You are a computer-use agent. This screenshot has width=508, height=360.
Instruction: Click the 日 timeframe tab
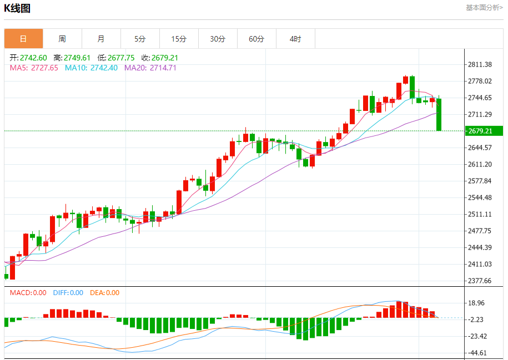(x=23, y=39)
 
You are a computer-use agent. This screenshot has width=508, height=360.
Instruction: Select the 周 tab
(x=62, y=39)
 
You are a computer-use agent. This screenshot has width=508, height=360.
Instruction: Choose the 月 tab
(x=101, y=39)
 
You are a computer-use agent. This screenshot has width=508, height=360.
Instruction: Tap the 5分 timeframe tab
(x=140, y=39)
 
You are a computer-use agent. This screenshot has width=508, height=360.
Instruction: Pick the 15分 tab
(x=179, y=39)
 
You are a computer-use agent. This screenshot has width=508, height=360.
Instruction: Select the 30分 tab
(x=218, y=39)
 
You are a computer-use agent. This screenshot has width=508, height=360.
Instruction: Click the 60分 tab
(x=256, y=39)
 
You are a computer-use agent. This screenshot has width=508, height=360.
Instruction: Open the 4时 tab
(x=295, y=39)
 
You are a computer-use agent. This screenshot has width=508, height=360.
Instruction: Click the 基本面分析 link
(x=484, y=8)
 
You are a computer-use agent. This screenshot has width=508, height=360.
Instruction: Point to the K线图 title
(x=17, y=8)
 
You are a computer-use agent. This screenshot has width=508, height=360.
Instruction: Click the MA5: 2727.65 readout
(x=34, y=68)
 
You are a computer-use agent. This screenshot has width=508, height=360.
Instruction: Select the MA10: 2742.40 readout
(x=91, y=68)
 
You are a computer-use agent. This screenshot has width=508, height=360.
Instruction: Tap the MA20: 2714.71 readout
(x=150, y=68)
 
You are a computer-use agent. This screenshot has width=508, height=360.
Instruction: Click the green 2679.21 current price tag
(x=484, y=131)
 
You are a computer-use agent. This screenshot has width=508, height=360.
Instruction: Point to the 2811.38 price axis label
(x=480, y=64)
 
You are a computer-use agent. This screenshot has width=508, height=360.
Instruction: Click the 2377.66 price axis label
(x=480, y=281)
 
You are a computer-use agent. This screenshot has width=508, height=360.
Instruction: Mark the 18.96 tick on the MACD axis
(x=477, y=303)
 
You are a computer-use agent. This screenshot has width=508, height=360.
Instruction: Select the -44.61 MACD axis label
(x=477, y=353)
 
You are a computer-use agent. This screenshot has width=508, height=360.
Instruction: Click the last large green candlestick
(x=439, y=115)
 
